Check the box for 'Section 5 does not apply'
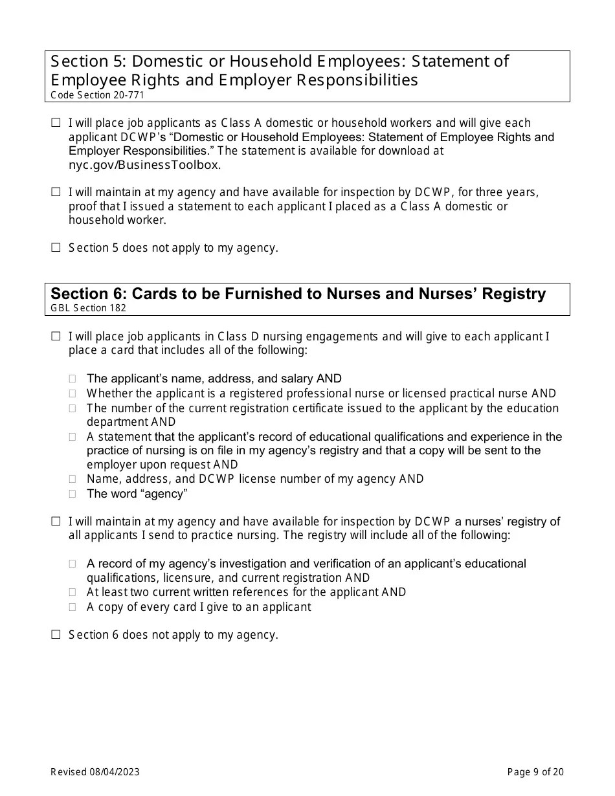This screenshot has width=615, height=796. click(56, 247)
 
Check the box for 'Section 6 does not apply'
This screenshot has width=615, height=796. click(56, 634)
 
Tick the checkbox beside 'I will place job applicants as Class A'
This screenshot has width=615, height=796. click(56, 122)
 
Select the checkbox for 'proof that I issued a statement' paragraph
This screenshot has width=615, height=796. click(56, 192)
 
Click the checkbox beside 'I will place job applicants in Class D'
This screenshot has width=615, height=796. click(56, 336)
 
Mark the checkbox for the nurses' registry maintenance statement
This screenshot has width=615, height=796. click(56, 521)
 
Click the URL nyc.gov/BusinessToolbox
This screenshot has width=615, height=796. click(144, 165)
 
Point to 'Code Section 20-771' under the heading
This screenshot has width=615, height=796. click(97, 95)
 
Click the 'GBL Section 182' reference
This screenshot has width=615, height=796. click(89, 308)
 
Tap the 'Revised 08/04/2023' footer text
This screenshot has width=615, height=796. click(95, 771)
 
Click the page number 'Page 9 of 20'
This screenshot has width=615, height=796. click(535, 771)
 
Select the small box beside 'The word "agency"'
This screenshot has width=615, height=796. click(73, 494)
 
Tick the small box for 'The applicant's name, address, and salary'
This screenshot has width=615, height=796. click(73, 379)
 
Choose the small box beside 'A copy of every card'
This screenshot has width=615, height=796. click(73, 607)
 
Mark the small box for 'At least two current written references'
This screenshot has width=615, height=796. click(73, 592)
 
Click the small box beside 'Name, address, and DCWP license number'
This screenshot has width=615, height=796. click(73, 479)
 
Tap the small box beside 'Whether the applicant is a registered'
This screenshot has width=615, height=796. click(73, 393)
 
